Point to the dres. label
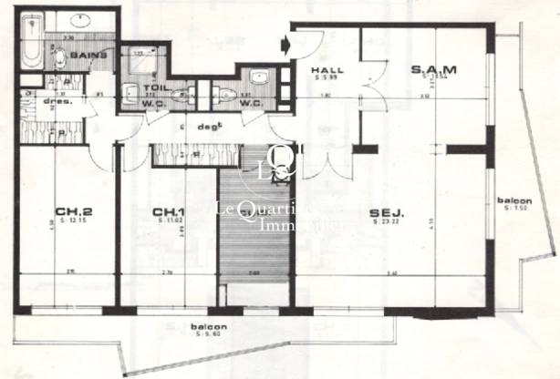click(51, 101)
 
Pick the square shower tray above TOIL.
click(142, 64)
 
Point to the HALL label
click(326, 70)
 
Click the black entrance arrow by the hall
click(286, 43)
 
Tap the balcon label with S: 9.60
click(209, 326)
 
